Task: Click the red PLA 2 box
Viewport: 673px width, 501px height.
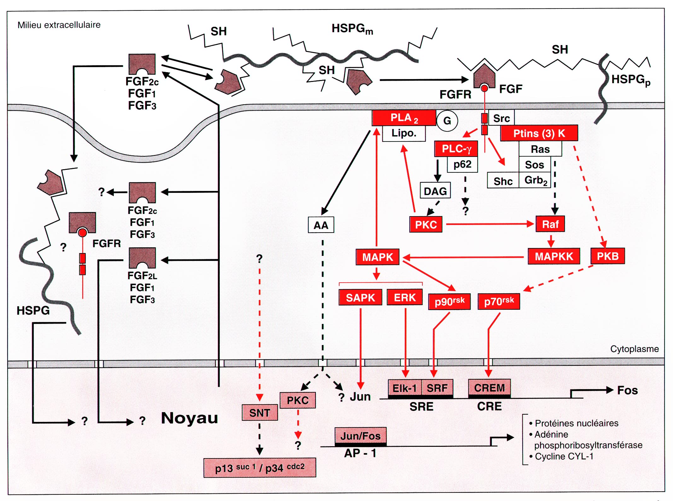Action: coord(404,118)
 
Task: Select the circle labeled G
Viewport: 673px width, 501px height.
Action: coord(447,121)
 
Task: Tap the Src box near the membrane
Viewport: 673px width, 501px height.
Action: coord(501,118)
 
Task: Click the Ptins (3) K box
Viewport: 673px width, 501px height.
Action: coord(539,133)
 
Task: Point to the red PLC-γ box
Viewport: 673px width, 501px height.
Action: coord(456,149)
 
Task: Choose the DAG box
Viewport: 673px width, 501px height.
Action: coord(435,191)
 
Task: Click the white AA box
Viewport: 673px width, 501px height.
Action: coord(321,225)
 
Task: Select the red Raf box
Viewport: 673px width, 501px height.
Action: coord(550,224)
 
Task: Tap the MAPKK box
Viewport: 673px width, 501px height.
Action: coord(554,256)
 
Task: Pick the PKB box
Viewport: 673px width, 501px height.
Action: coord(607,256)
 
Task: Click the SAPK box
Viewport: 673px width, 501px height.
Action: coord(360,297)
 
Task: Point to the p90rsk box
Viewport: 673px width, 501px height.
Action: coord(449,302)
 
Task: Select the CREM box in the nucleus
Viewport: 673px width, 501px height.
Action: coord(489,388)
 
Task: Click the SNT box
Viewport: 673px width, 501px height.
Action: coord(260,413)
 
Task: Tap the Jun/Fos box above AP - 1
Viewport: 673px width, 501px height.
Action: coord(360,436)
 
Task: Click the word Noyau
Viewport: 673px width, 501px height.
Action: coord(189,418)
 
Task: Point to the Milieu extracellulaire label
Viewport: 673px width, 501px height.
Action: coord(59,25)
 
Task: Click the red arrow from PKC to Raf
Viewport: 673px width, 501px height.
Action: coord(489,224)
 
